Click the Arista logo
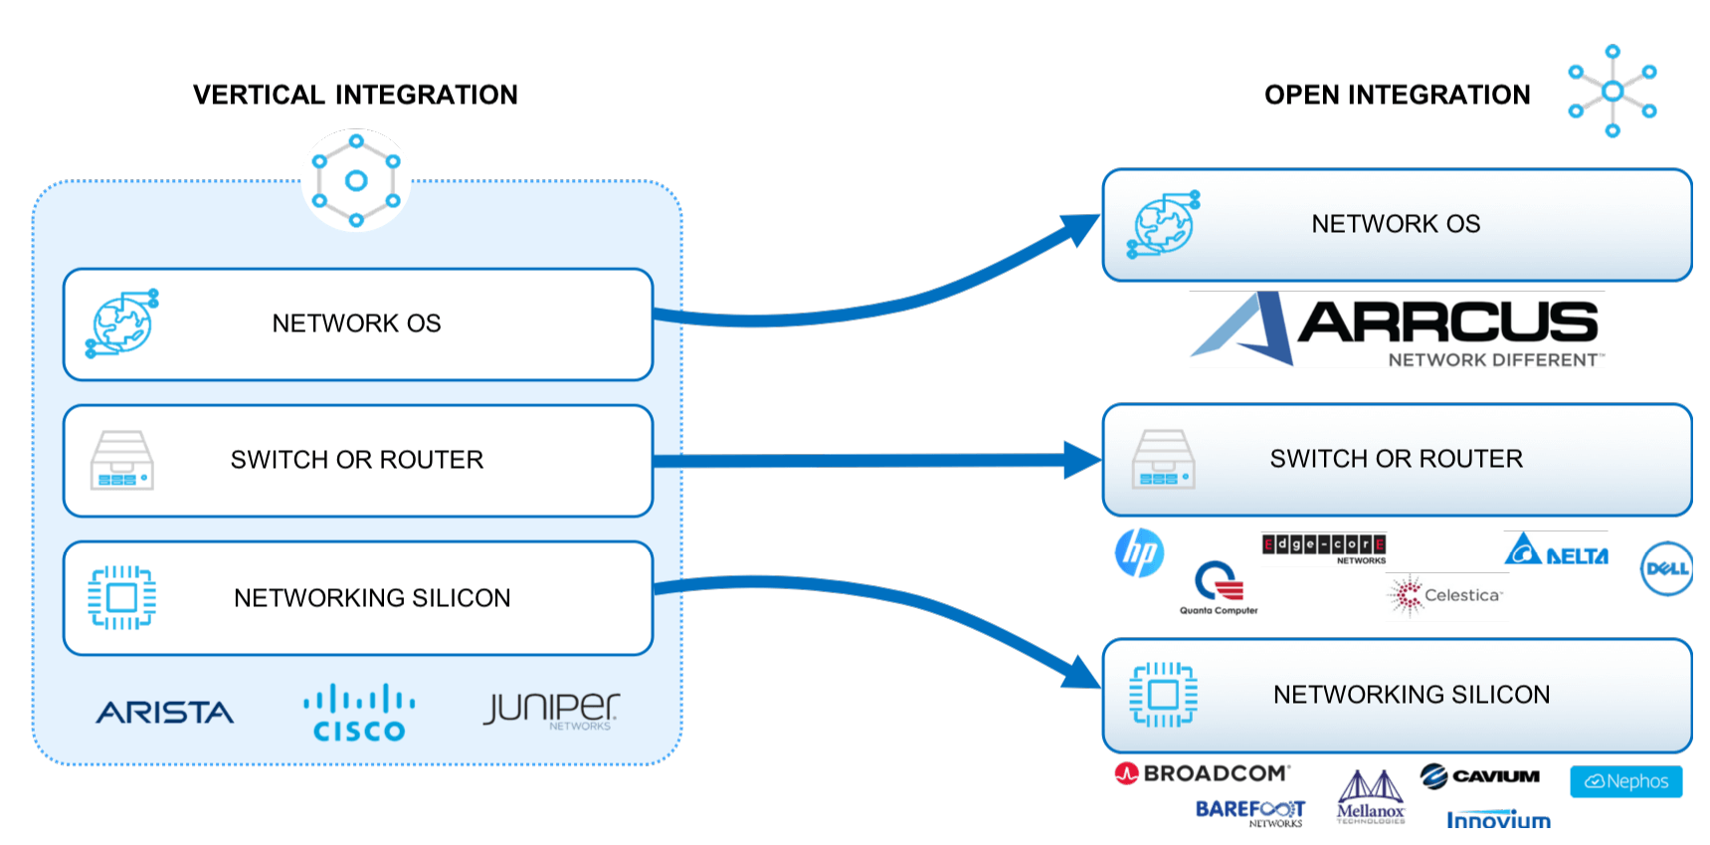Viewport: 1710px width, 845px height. pos(165,713)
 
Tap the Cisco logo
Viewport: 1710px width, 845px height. pos(359,714)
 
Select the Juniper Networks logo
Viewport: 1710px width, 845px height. pos(551,711)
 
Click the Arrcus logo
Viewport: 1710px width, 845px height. pos(1397,329)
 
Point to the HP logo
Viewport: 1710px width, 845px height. pos(1139,552)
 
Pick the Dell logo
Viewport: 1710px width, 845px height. pos(1666,568)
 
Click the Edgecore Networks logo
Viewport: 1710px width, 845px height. pos(1324,546)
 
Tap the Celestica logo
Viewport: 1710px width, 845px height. pos(1446,595)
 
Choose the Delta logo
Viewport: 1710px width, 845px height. pos(1557,550)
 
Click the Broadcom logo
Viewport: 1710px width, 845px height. pos(1203,773)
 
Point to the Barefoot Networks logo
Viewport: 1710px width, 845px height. pos(1250,812)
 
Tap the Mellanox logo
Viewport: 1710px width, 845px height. pos(1370,797)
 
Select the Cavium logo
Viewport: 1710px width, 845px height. pos(1479,776)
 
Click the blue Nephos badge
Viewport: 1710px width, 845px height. pos(1625,781)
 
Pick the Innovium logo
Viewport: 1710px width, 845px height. pos(1498,820)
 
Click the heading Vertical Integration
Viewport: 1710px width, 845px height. pos(355,95)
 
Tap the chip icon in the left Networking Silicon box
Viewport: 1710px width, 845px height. pos(121,597)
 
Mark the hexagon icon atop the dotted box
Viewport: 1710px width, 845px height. pos(356,180)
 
